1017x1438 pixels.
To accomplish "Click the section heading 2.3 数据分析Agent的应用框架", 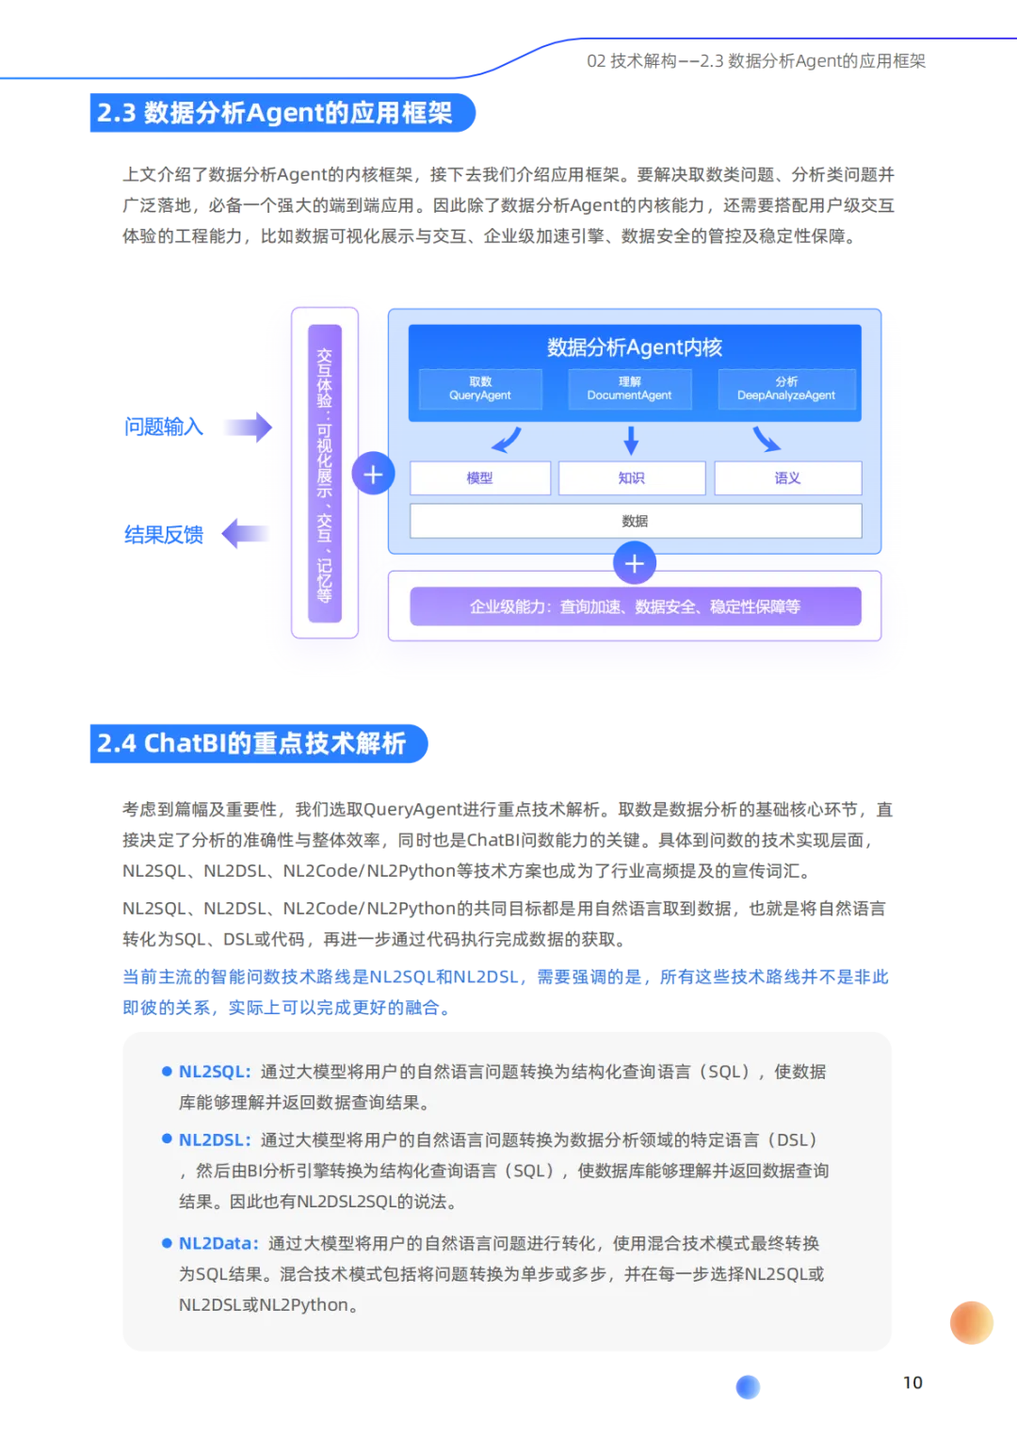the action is click(x=275, y=113).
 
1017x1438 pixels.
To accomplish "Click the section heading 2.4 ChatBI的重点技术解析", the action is click(x=251, y=744).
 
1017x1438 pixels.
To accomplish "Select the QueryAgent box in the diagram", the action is click(x=480, y=389).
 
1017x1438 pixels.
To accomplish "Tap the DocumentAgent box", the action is click(x=629, y=389).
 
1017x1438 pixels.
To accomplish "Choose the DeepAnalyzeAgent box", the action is click(x=786, y=389).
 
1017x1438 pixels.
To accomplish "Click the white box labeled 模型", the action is click(x=479, y=478).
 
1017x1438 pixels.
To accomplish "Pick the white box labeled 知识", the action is click(x=631, y=478).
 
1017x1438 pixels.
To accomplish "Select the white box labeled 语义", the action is click(x=787, y=478).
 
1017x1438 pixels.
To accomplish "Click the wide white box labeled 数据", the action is click(x=635, y=521).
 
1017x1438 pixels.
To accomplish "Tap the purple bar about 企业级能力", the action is click(x=635, y=606).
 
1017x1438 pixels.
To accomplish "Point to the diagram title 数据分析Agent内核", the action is click(x=635, y=347).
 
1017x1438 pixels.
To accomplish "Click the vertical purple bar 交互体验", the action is click(x=325, y=475).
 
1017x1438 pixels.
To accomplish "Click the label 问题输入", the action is click(x=163, y=427).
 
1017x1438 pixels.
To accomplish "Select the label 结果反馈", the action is click(x=163, y=535).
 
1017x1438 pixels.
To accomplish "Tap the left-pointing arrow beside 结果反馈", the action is click(x=244, y=534).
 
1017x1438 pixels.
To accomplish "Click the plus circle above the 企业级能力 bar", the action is click(x=634, y=564).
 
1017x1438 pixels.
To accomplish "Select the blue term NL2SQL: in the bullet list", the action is click(x=215, y=1072).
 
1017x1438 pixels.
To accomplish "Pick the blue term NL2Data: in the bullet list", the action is click(x=218, y=1243).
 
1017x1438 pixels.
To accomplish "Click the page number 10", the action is click(x=913, y=1381).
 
